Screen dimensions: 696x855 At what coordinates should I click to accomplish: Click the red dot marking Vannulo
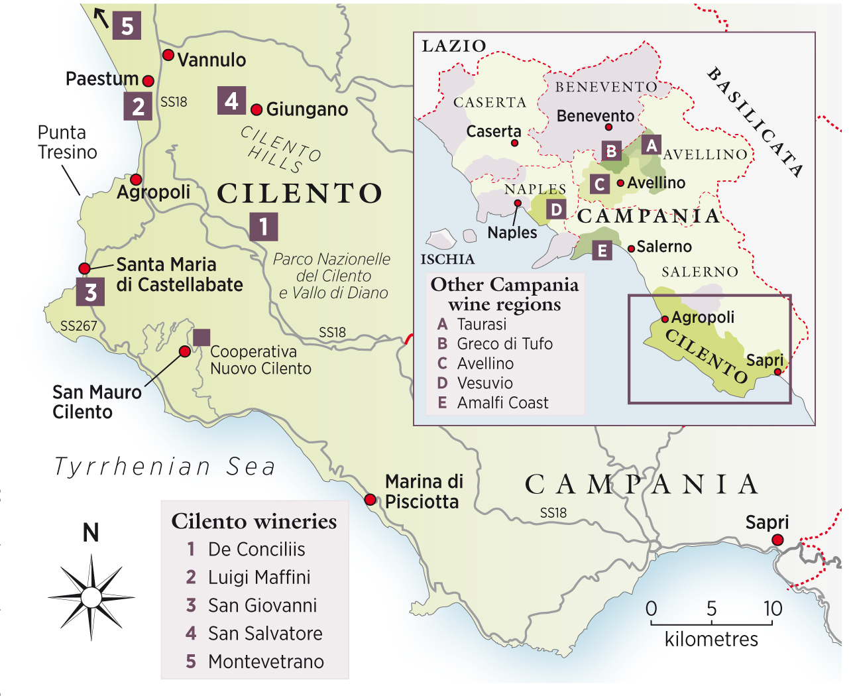pos(168,55)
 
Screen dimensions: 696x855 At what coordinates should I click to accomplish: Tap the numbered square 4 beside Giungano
pos(231,101)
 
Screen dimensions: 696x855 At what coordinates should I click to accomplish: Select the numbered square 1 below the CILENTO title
pos(263,227)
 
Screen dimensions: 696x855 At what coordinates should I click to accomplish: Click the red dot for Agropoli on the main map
pos(136,180)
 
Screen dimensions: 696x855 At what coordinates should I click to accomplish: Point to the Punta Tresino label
pos(67,143)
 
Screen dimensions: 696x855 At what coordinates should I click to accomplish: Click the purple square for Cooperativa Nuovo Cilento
pos(201,337)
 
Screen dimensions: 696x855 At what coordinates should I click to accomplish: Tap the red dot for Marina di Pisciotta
pos(370,499)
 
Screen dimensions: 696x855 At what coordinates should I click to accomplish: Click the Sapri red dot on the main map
pos(777,540)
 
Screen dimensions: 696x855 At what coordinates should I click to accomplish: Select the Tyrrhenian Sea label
pos(164,467)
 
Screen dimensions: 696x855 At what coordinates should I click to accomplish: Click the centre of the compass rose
pos(91,598)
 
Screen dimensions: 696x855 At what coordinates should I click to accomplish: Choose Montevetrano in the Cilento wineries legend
pos(266,662)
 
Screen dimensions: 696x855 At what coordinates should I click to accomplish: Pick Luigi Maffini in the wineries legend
pos(258,577)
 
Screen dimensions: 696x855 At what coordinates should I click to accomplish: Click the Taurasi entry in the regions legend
pos(481,324)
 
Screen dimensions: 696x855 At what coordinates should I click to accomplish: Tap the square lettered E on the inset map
pos(602,251)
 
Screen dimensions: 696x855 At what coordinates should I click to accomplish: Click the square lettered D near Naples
pos(556,210)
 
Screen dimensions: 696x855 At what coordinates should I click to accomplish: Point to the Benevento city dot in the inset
pos(609,127)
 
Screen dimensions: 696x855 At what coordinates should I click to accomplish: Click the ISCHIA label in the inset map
pos(447,259)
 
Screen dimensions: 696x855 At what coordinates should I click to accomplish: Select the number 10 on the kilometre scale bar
pos(772,609)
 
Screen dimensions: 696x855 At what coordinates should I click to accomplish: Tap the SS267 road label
pos(78,326)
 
